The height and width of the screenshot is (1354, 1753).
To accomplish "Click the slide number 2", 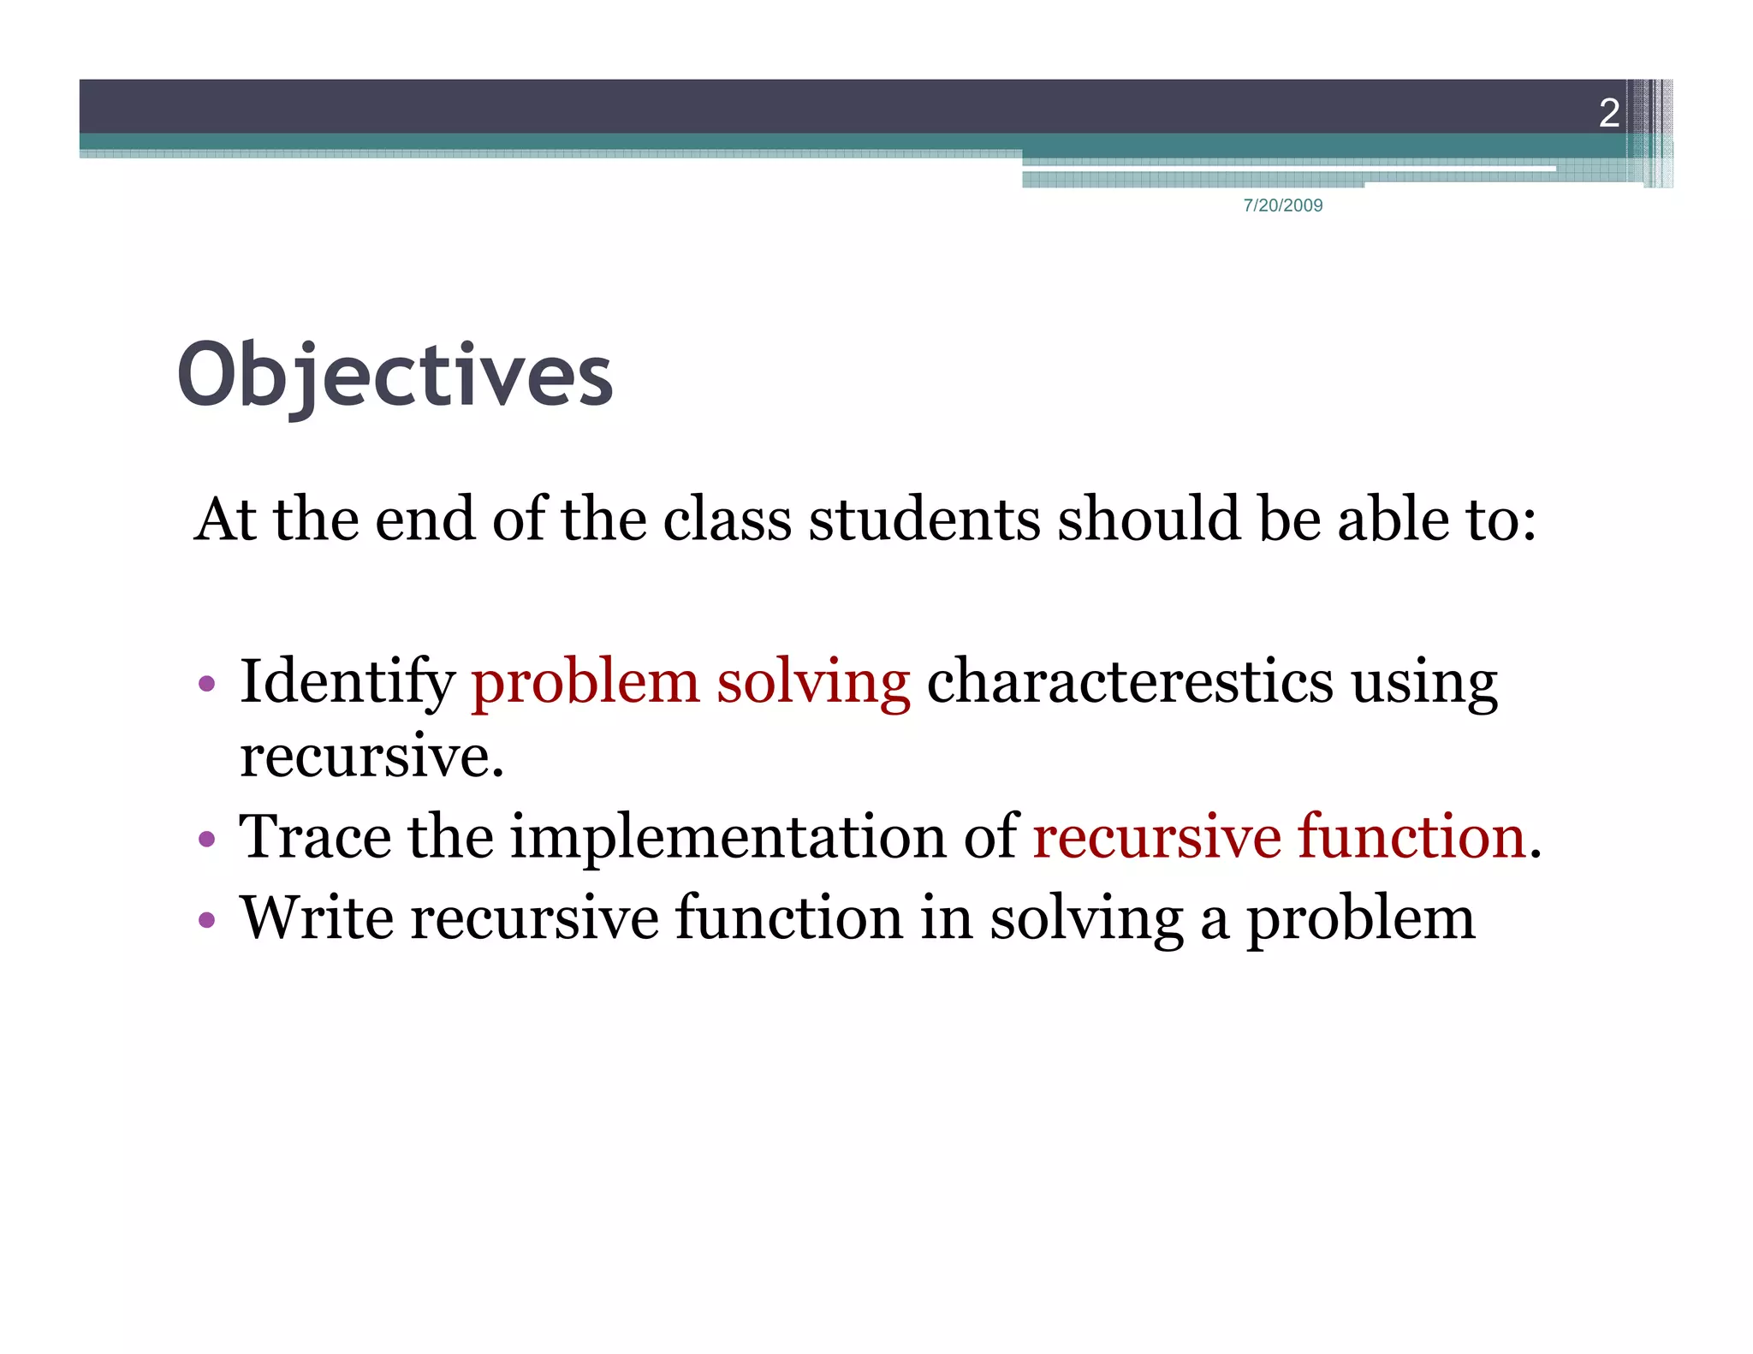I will [1608, 113].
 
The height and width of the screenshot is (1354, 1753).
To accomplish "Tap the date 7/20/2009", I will [1282, 205].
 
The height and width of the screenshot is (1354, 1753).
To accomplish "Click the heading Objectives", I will [395, 376].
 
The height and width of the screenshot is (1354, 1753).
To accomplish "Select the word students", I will [924, 520].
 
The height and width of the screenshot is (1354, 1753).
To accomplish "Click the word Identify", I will [347, 683].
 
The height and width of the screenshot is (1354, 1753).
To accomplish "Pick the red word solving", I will [813, 683].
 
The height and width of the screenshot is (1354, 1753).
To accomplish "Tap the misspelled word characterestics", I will [1130, 681].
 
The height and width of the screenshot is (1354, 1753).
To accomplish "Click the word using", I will [1424, 683].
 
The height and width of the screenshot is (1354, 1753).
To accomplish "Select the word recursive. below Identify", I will [371, 757].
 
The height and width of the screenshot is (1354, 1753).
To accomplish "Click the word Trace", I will [314, 836].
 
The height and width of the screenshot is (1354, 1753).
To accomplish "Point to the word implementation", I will [728, 838].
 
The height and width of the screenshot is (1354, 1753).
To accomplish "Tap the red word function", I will [1412, 836].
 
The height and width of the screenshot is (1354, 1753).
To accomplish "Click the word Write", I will [317, 918].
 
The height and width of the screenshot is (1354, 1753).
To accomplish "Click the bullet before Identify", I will [206, 685].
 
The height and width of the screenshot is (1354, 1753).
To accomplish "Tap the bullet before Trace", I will [206, 839].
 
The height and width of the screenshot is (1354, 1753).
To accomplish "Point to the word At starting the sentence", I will [225, 520].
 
